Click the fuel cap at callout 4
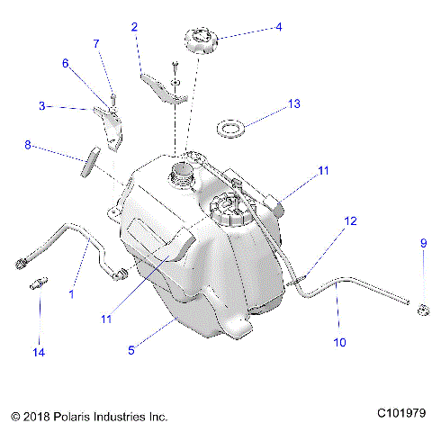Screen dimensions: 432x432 (x=201, y=40)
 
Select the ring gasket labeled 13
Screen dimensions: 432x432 (x=230, y=129)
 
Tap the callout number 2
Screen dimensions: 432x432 (x=134, y=27)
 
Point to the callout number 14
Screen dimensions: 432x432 (x=39, y=352)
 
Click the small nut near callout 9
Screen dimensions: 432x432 (x=423, y=310)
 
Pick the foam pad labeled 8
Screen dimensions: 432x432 (x=91, y=162)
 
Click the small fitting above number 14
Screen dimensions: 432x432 (x=39, y=283)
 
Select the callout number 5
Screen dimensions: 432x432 (x=131, y=350)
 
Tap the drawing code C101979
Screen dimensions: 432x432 (x=401, y=413)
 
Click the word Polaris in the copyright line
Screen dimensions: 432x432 (x=72, y=417)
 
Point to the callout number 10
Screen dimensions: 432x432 (x=339, y=342)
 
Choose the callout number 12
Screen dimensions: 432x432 (x=350, y=221)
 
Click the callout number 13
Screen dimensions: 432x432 (x=293, y=103)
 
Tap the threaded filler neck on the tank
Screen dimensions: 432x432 (x=181, y=174)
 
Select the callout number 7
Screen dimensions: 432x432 (x=96, y=43)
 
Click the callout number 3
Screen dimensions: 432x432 (x=42, y=105)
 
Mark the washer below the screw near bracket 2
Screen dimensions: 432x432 (x=175, y=82)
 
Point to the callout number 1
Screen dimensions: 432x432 (x=71, y=294)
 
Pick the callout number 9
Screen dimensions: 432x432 (x=423, y=243)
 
